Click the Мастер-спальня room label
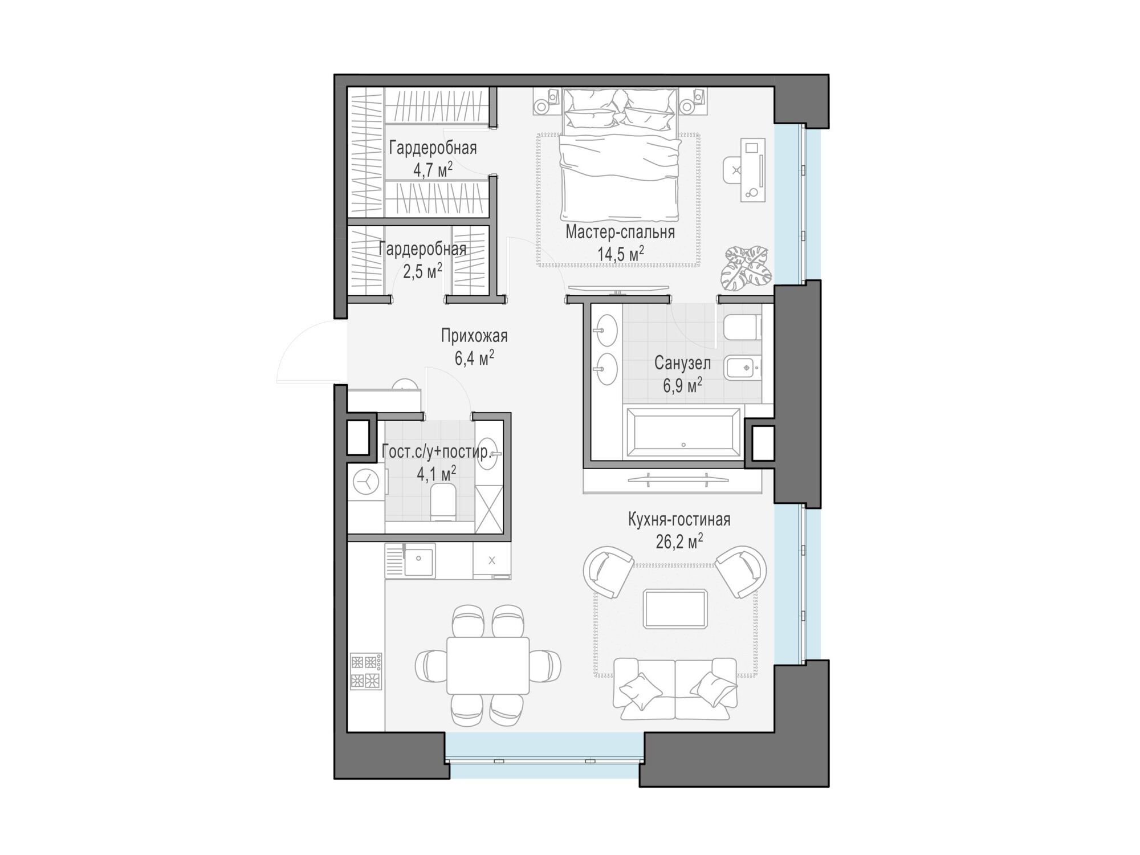pyautogui.click(x=620, y=233)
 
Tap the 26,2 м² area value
pyautogui.click(x=679, y=541)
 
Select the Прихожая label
pyautogui.click(x=474, y=336)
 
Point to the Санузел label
pyautogui.click(x=682, y=363)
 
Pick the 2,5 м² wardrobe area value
pyautogui.click(x=422, y=271)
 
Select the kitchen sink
pyautogui.click(x=410, y=560)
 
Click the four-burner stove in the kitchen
pyautogui.click(x=365, y=671)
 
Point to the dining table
pyautogui.click(x=488, y=665)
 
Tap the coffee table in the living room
pyautogui.click(x=675, y=609)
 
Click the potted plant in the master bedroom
pyautogui.click(x=746, y=267)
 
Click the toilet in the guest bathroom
pyautogui.click(x=443, y=502)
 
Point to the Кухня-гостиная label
pyautogui.click(x=679, y=520)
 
